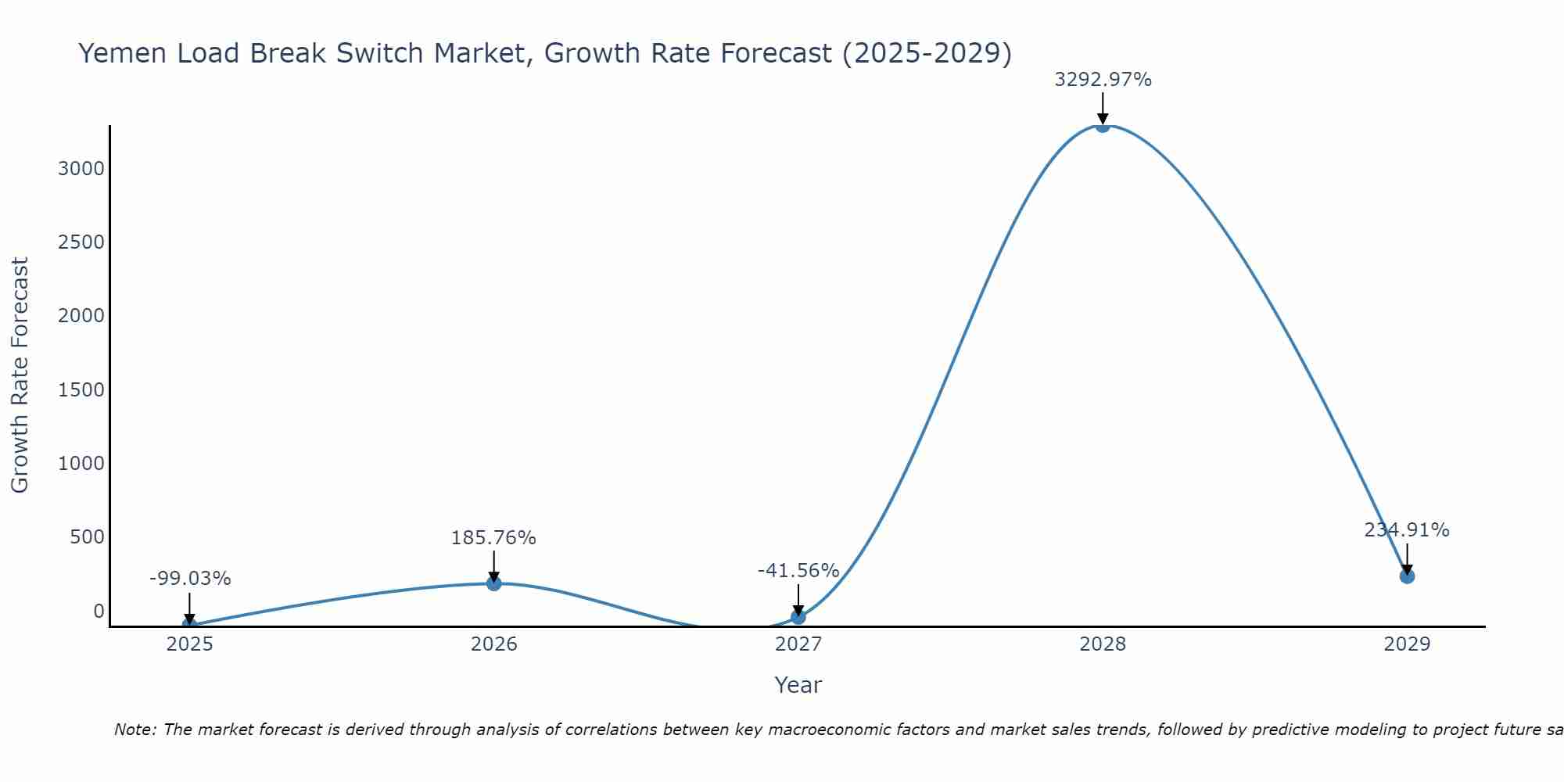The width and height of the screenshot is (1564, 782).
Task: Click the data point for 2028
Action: tap(1103, 125)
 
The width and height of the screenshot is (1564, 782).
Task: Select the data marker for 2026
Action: tap(493, 583)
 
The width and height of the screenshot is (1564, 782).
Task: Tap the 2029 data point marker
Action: tap(1407, 576)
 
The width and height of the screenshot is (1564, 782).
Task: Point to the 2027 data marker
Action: tap(798, 617)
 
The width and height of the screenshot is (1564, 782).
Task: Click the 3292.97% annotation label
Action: tap(1103, 80)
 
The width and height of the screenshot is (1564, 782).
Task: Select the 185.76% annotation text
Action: tap(493, 538)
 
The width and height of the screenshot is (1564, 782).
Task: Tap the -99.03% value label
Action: tap(190, 579)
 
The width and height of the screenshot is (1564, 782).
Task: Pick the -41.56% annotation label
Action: tap(798, 571)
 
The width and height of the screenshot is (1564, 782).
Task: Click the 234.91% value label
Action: tap(1407, 530)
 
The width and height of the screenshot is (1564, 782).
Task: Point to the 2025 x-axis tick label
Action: tap(190, 644)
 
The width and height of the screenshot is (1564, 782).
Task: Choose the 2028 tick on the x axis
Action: tap(1103, 644)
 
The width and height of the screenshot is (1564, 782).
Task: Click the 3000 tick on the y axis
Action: tap(81, 169)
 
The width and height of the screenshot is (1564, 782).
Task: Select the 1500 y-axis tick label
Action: tap(81, 389)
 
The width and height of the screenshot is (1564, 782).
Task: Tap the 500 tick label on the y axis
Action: tap(88, 537)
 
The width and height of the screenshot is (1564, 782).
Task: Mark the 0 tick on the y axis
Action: tap(99, 611)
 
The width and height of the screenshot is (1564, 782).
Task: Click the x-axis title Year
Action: tap(798, 685)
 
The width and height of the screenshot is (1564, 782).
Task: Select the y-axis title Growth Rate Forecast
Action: tap(20, 375)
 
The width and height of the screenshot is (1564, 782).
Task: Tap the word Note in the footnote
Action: tap(135, 730)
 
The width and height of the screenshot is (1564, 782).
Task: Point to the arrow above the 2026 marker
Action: tap(493, 565)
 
